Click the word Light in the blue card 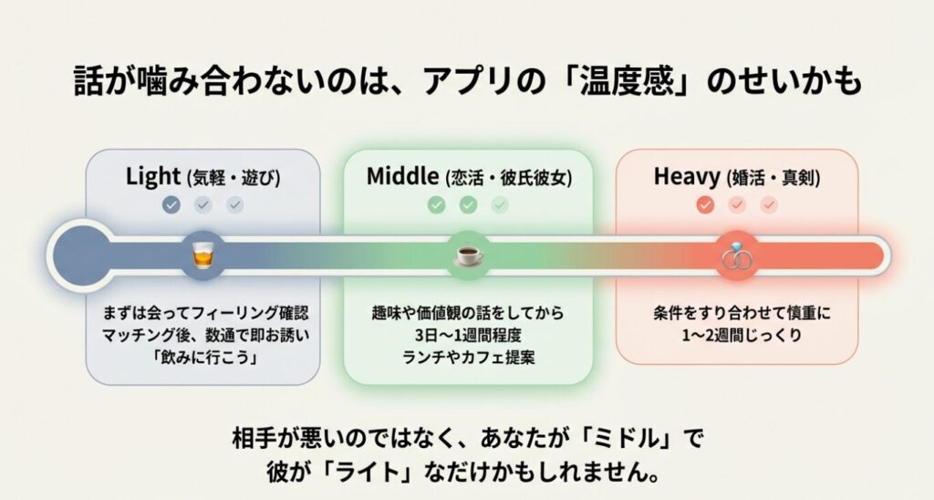153,177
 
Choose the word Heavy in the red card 686,177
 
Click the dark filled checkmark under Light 171,205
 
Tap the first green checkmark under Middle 437,205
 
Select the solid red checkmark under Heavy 704,205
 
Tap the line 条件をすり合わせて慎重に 735,312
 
